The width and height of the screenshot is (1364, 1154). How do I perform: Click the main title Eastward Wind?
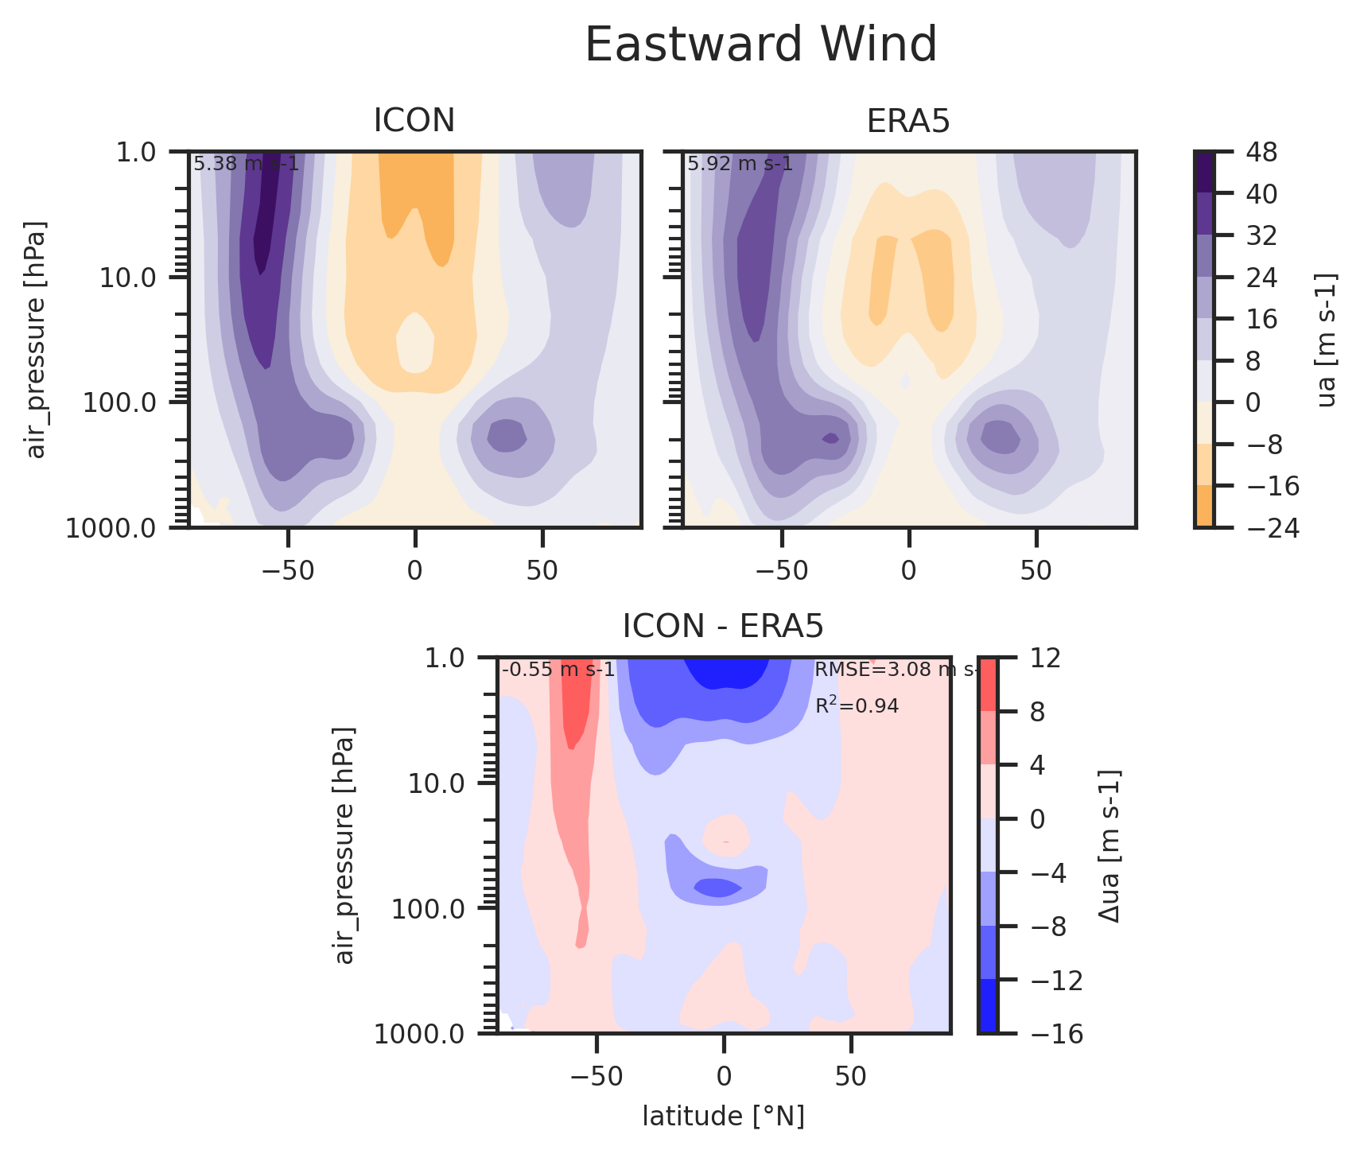(x=760, y=45)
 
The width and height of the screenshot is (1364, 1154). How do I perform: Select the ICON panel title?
(x=414, y=121)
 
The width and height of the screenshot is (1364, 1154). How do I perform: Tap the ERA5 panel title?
(x=908, y=121)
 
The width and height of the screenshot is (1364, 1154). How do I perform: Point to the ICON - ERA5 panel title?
(x=723, y=627)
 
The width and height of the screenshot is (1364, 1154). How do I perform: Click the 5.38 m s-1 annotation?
(x=246, y=164)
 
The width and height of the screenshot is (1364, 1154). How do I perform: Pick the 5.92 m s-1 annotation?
(x=740, y=164)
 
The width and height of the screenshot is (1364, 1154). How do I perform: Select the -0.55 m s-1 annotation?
(x=558, y=670)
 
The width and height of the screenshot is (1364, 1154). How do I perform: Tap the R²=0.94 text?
(x=857, y=705)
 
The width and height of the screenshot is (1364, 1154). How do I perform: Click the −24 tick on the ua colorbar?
(x=1269, y=527)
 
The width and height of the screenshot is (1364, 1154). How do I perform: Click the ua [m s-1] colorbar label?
(x=1327, y=340)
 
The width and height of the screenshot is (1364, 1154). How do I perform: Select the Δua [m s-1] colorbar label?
(x=1109, y=845)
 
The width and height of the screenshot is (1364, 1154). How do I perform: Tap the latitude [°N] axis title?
(x=723, y=1116)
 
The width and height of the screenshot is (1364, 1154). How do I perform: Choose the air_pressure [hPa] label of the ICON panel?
(x=37, y=340)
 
